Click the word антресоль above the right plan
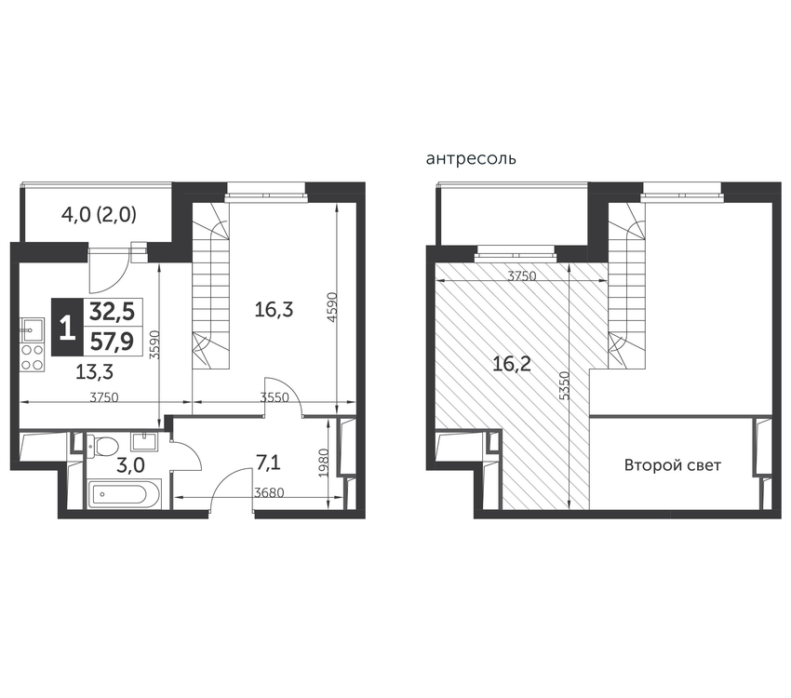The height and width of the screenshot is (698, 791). [471, 159]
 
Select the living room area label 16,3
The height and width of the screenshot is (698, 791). [274, 310]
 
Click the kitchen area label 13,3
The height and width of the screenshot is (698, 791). [94, 372]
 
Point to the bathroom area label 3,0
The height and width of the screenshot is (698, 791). [130, 465]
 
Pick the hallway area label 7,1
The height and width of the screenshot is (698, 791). [268, 463]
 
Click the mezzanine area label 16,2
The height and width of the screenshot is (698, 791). [512, 363]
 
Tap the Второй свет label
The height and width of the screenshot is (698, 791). [673, 464]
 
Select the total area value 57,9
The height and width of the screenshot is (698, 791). [112, 342]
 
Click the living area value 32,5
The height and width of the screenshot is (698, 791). [112, 312]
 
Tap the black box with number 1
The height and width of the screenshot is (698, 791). [66, 328]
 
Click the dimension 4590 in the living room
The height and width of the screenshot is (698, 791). [331, 307]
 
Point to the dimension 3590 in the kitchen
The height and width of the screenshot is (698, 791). [155, 344]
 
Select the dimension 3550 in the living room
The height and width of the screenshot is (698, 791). [275, 397]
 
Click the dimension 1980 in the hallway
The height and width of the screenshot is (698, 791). [324, 463]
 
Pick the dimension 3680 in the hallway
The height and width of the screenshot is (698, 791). [269, 492]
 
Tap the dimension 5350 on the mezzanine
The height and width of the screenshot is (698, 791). [565, 386]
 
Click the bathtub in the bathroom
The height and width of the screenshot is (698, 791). [125, 494]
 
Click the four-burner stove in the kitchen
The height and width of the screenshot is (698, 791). [32, 357]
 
